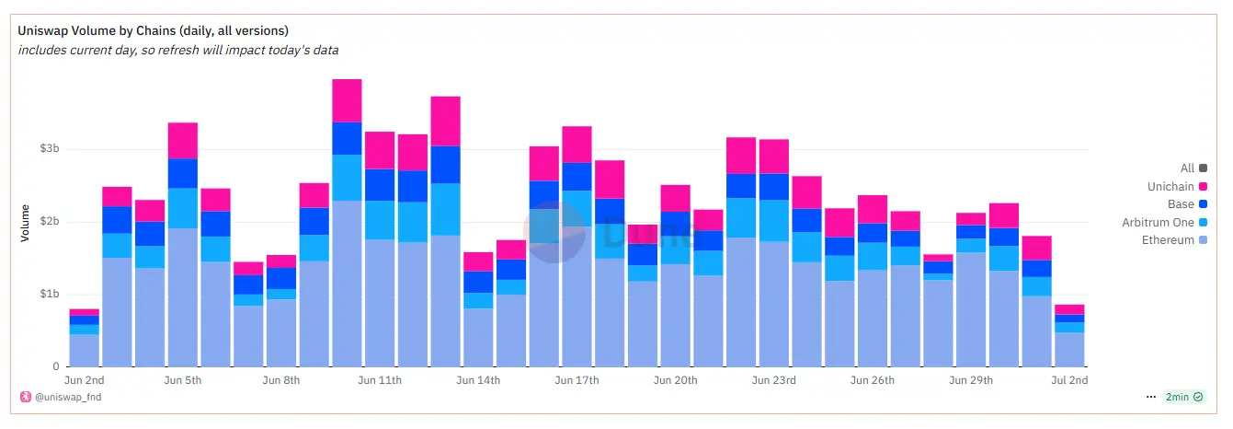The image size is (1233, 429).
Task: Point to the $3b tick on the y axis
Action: (50, 149)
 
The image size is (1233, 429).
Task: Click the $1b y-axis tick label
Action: (50, 295)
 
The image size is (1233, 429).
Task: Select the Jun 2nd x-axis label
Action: (85, 379)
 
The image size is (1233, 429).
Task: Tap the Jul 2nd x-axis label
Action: (1068, 379)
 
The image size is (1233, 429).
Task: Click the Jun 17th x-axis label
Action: (577, 379)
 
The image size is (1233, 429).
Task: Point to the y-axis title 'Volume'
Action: (26, 223)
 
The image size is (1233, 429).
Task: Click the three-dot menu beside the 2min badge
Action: (1151, 397)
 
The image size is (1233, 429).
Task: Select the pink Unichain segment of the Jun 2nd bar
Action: (85, 312)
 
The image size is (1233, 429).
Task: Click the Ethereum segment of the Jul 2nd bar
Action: (1068, 350)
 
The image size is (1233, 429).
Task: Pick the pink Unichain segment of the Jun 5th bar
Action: (183, 141)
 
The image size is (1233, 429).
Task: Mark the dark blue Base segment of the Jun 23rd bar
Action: (774, 187)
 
